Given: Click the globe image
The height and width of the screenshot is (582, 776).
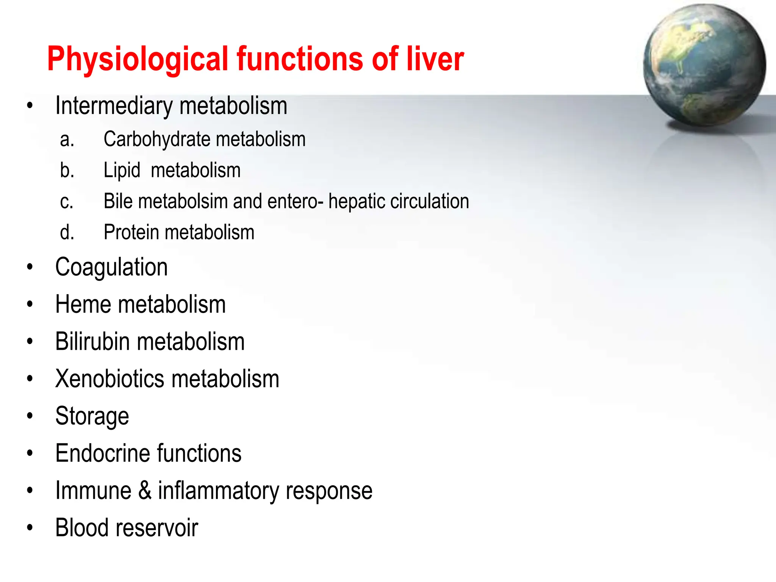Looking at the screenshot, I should (704, 65).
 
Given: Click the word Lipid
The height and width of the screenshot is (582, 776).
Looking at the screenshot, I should (122, 170).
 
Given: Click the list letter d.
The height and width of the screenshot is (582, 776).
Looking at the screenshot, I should (67, 232).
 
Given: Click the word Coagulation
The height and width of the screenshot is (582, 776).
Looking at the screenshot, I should (111, 268).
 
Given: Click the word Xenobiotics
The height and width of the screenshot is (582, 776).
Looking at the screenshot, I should (110, 379).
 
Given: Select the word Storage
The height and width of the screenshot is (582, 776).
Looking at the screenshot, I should (92, 416).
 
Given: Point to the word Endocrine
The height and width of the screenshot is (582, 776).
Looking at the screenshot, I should (103, 453).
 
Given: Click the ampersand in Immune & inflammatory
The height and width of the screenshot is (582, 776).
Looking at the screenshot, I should (145, 490).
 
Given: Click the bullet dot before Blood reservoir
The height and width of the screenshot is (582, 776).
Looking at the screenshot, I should (30, 528).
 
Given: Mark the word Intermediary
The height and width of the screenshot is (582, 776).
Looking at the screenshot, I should (114, 106).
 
